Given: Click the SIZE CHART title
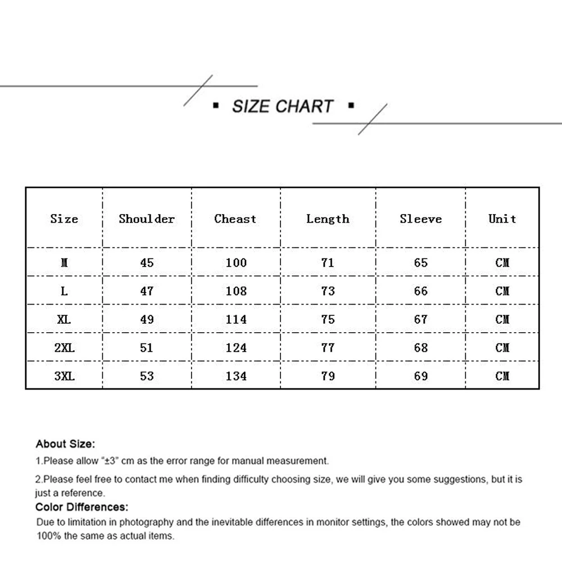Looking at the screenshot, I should point(283,106).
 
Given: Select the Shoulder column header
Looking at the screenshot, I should point(147,219).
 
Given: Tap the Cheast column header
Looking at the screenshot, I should point(235,219).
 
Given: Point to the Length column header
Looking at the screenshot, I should point(328,219).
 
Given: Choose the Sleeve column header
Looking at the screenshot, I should point(421,219).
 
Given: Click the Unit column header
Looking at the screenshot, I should point(502,219).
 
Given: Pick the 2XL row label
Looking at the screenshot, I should point(65,348).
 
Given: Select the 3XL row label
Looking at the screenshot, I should point(65,376).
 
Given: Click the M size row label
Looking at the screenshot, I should point(65,262).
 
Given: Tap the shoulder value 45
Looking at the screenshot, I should point(147,262).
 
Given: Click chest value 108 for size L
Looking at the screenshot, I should point(236,291).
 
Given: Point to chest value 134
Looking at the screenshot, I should point(236,376).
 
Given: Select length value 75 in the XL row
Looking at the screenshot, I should point(328,319).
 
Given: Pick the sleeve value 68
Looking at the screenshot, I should point(421,348).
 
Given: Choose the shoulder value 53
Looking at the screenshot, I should point(147,376).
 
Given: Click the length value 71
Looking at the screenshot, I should point(328,262).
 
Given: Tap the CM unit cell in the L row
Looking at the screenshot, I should point(502,291).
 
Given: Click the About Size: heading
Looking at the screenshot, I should point(65,444).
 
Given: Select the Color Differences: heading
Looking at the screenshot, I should point(82,507).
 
